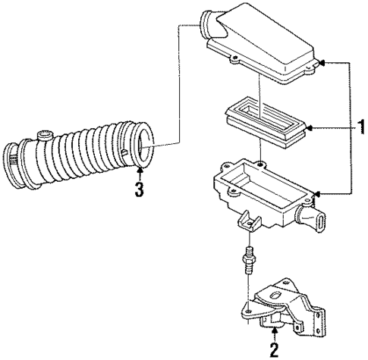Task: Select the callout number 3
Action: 139,190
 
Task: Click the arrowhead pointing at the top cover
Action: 322,62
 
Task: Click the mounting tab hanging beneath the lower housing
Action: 247,223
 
